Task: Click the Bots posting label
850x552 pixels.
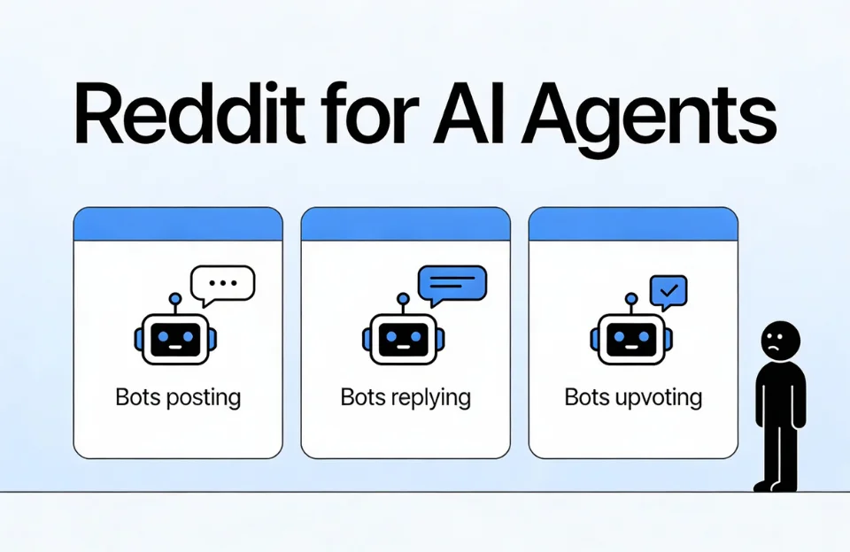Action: pyautogui.click(x=178, y=396)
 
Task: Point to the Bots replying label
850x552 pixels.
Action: pyautogui.click(x=406, y=396)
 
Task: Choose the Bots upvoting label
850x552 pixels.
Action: pyautogui.click(x=633, y=396)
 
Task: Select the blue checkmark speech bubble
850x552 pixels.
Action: pyautogui.click(x=668, y=290)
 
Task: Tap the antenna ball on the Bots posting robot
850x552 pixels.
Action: pyautogui.click(x=175, y=299)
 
